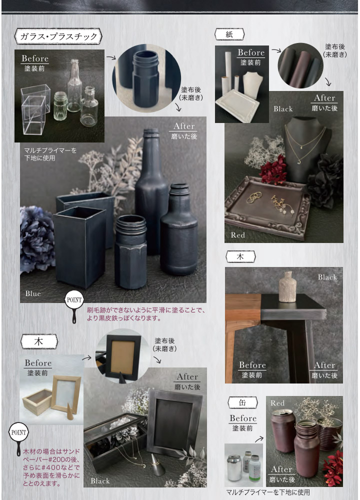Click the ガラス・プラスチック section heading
tap(58, 36)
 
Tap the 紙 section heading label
tap(229, 34)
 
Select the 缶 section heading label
tap(242, 402)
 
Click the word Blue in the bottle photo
tap(33, 293)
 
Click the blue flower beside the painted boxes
tap(36, 238)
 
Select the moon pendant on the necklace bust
tap(299, 161)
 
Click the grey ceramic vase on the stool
tap(287, 286)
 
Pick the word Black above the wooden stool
tap(327, 277)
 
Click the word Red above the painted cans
tap(277, 403)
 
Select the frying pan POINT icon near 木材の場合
tap(18, 437)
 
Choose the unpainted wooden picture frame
tap(66, 394)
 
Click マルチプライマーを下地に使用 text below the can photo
tap(268, 492)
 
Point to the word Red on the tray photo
tap(238, 235)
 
